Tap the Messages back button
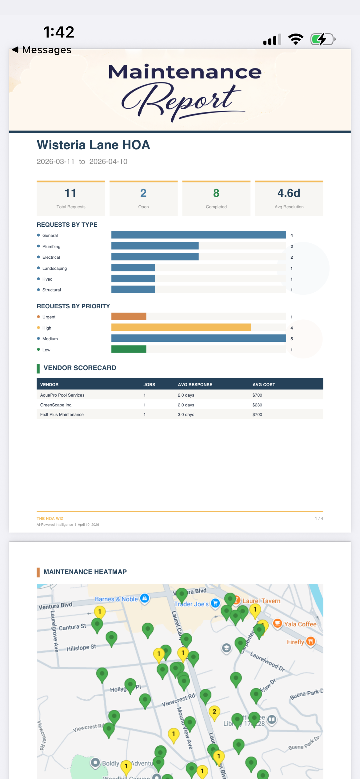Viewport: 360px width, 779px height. click(42, 50)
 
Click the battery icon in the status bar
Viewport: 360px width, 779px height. click(322, 39)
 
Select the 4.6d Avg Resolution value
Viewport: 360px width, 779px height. click(289, 193)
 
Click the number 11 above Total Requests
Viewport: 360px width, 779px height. click(70, 193)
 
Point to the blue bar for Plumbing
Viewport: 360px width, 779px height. click(155, 246)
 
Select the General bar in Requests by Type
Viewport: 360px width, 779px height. click(198, 235)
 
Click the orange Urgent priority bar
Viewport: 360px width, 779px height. click(129, 317)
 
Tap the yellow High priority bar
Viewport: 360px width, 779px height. click(181, 328)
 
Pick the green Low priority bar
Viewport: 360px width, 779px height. click(129, 349)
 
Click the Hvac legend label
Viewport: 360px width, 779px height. click(47, 279)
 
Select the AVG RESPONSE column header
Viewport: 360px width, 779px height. click(195, 385)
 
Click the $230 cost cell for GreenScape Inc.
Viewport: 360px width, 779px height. click(257, 405)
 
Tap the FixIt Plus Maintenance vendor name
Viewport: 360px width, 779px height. click(62, 414)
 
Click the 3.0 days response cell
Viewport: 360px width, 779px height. click(186, 414)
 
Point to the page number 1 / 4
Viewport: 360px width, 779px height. click(319, 518)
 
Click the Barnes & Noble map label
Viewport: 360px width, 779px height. click(116, 599)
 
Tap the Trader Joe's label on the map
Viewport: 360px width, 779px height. click(191, 604)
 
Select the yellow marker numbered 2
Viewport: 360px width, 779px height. click(214, 712)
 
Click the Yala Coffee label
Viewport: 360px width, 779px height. click(300, 624)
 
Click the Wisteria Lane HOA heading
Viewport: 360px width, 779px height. click(93, 145)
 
